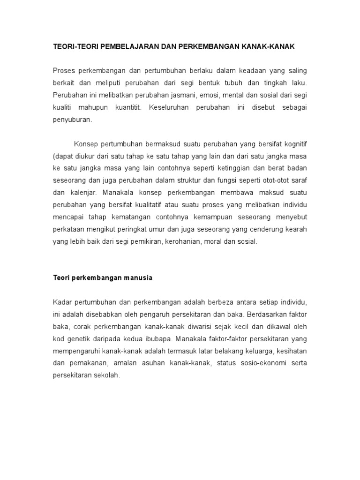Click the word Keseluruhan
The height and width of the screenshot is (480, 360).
[169, 107]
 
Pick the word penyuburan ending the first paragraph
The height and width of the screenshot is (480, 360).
[72, 120]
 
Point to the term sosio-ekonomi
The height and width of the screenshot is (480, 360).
[262, 363]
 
